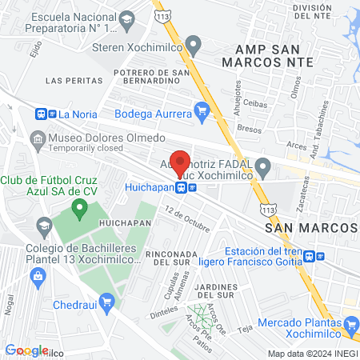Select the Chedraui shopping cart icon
click(x=106, y=302)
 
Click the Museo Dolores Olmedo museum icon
click(x=38, y=141)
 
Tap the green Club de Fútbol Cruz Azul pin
click(x=78, y=210)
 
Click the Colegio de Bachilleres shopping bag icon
click(x=38, y=277)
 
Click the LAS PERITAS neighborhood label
click(x=74, y=81)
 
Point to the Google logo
click(x=26, y=350)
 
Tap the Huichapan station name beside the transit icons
click(x=150, y=187)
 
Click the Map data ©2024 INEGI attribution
click(x=311, y=354)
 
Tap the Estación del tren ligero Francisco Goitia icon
click(x=320, y=256)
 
